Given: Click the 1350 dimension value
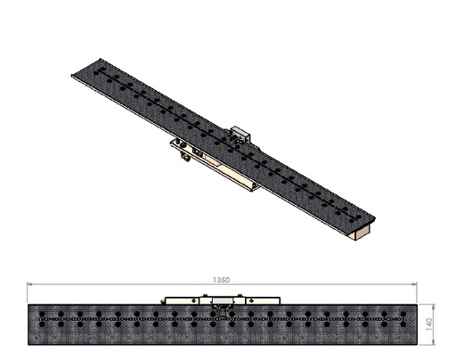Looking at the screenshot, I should pos(222,280).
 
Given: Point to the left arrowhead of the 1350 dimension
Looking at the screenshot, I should pos(32,284).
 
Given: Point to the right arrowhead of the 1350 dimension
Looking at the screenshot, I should pos(414,284).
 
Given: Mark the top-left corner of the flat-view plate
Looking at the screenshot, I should pos(29,306).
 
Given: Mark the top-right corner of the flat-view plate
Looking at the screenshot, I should pos(416,306).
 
